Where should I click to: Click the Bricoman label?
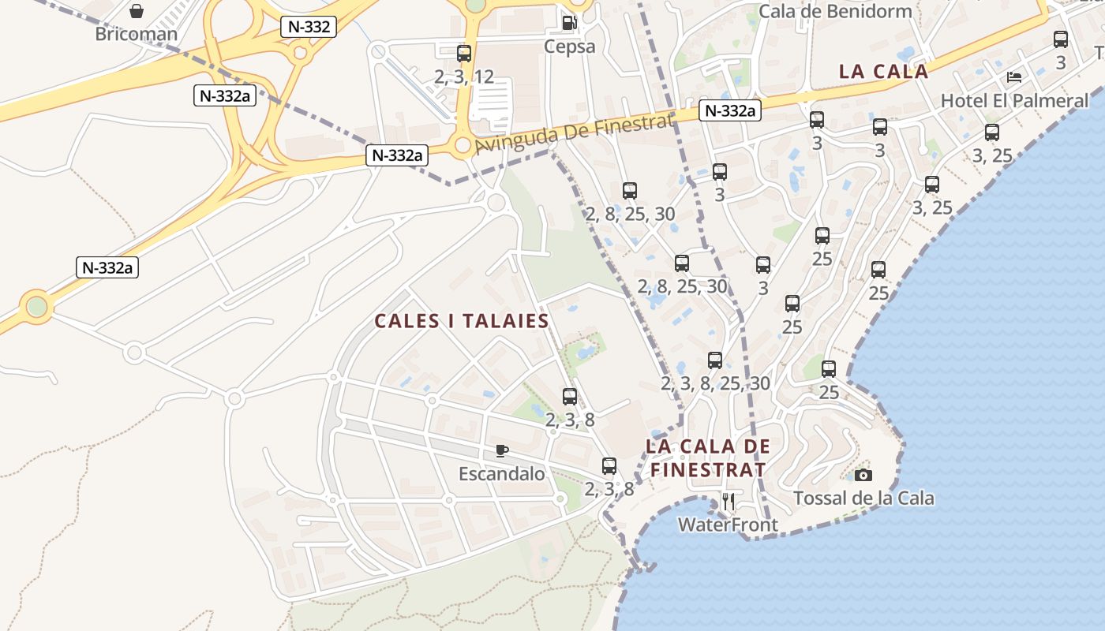point(135,34)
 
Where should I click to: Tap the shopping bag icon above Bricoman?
point(137,11)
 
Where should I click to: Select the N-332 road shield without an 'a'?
point(309,26)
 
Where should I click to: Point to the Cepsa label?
point(569,47)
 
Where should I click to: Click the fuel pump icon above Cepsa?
point(569,23)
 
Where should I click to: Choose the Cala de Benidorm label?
point(835,11)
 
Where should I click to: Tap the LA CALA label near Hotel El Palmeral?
point(883,71)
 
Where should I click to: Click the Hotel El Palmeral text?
point(1014,101)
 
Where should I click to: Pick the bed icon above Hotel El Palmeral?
point(1014,77)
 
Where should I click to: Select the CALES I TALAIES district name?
point(462,321)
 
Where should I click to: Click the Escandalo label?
point(502,474)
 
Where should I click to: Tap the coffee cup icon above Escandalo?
point(501,450)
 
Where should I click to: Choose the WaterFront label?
point(728,525)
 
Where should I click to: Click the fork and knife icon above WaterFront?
point(729,501)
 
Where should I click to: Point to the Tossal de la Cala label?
point(863,498)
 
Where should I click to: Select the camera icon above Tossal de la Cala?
point(863,475)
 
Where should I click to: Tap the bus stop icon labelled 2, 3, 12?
point(464,54)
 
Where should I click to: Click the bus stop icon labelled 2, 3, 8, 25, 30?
point(715,360)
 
